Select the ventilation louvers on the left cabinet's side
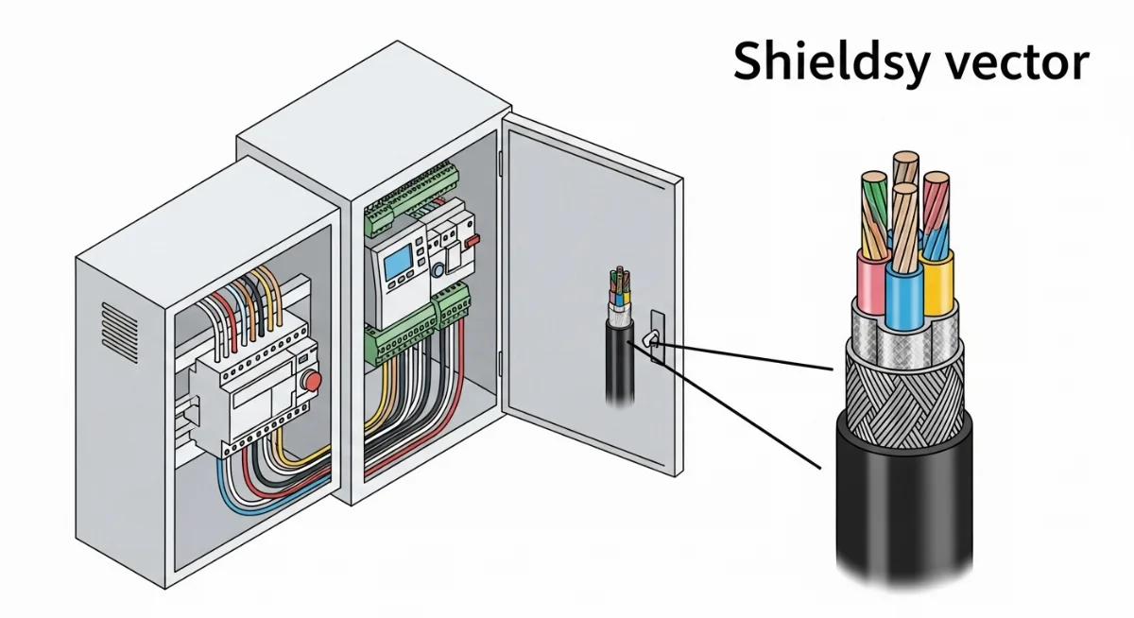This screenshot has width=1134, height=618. [120, 327]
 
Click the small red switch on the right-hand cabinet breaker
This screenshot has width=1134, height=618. [470, 243]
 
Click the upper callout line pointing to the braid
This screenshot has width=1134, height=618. [747, 358]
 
